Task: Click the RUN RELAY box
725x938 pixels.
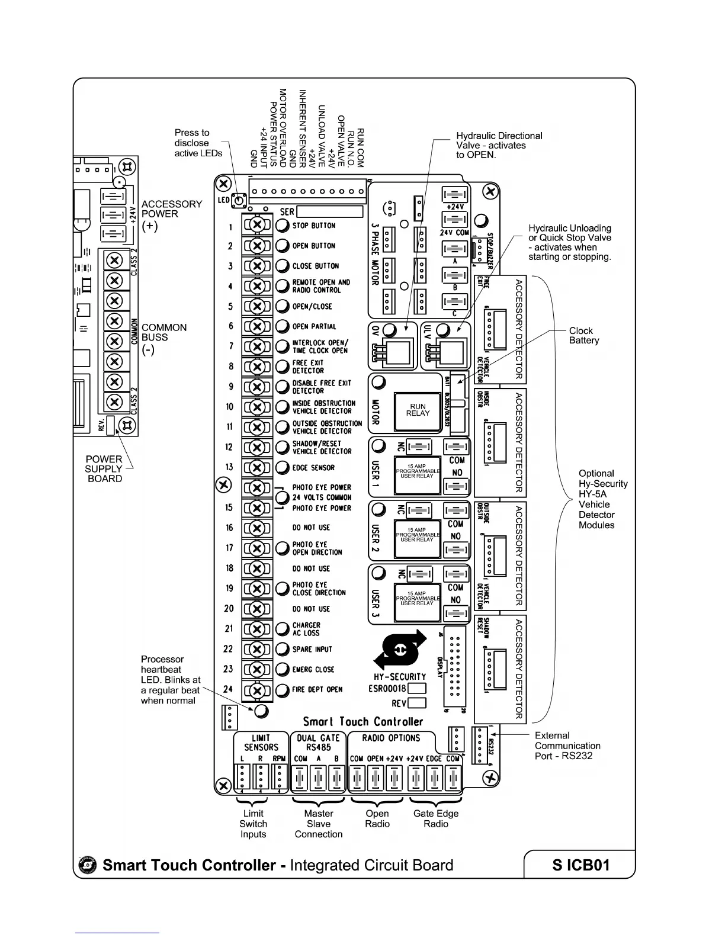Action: (418, 410)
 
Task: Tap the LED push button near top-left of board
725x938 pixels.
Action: (239, 201)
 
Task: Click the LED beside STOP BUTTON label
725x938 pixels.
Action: (283, 226)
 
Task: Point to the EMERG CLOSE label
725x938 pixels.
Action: (313, 669)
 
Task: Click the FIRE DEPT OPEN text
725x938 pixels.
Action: (317, 689)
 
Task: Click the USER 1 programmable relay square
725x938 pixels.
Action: (418, 474)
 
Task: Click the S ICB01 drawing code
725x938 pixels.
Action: (580, 865)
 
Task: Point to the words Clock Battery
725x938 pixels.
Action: (583, 336)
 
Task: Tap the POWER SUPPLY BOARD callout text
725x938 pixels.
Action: (104, 468)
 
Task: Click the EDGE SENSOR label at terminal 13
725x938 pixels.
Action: (313, 467)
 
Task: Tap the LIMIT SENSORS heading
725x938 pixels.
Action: (261, 743)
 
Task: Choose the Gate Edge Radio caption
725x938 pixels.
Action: (436, 818)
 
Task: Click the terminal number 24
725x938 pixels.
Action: (228, 689)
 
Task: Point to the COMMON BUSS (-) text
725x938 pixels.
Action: (163, 338)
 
